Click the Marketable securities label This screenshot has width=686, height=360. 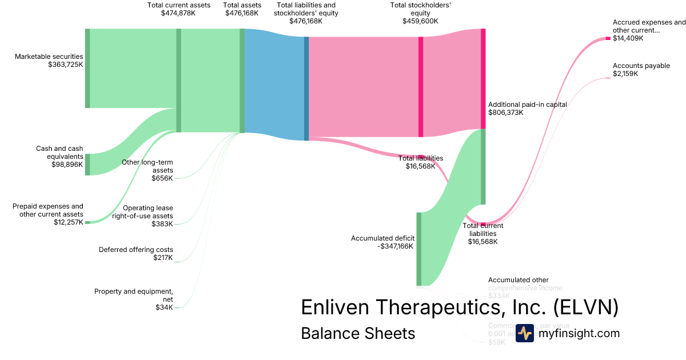point(49,57)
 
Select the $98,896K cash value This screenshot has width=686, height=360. point(67,164)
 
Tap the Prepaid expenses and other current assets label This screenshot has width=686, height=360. point(48,210)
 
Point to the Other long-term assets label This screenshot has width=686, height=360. point(147,166)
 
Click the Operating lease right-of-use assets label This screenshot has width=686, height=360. point(147,212)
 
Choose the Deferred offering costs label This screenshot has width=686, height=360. point(136,250)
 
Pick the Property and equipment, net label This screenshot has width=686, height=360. point(134,295)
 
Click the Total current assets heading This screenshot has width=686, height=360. point(179,5)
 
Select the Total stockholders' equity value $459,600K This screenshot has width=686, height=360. point(420,21)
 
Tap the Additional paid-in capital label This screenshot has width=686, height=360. point(528,105)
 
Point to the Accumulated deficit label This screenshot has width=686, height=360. point(382,238)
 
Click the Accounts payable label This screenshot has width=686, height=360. point(641,66)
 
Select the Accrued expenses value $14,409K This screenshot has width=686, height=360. point(628,38)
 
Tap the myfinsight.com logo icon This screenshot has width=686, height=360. point(524,333)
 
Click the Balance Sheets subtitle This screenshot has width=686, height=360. point(358,333)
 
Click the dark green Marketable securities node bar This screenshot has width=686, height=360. point(87,68)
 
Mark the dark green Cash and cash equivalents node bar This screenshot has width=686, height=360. point(87,164)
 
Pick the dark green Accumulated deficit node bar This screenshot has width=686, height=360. point(418,249)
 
